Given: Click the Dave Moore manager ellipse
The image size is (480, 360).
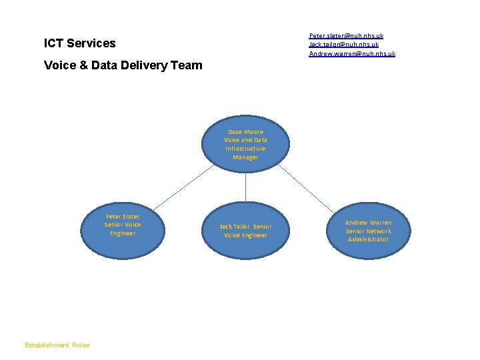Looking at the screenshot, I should pos(245,145).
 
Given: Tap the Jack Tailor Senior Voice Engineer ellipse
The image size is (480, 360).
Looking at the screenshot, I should pos(245,231).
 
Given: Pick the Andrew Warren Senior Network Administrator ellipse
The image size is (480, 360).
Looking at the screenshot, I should pos(368,231).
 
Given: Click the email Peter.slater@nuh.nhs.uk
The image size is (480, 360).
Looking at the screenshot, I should pos(346,35).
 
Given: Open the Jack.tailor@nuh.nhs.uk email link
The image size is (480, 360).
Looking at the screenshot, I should pos(344,44).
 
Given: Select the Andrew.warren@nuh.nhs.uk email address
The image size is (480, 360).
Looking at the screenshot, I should pos(352,53).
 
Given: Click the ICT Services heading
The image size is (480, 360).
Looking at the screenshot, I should pos(79,43).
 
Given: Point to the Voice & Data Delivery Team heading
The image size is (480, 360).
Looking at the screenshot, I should pos(123,65).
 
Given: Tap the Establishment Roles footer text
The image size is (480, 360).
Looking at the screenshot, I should pos(57,345).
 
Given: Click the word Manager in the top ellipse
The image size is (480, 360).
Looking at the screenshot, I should pos(245,157).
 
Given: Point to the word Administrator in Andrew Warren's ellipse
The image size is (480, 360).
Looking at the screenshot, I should pos(368,239).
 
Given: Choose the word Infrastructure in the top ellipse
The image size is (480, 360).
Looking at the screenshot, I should pos(245,149).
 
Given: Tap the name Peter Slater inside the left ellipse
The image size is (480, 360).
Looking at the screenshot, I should pos(123,216).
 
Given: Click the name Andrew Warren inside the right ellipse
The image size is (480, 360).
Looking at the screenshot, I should pos(368,223).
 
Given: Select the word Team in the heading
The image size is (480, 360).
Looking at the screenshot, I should pos(187,65).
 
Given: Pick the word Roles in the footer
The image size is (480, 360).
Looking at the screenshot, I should pos(81,345).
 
